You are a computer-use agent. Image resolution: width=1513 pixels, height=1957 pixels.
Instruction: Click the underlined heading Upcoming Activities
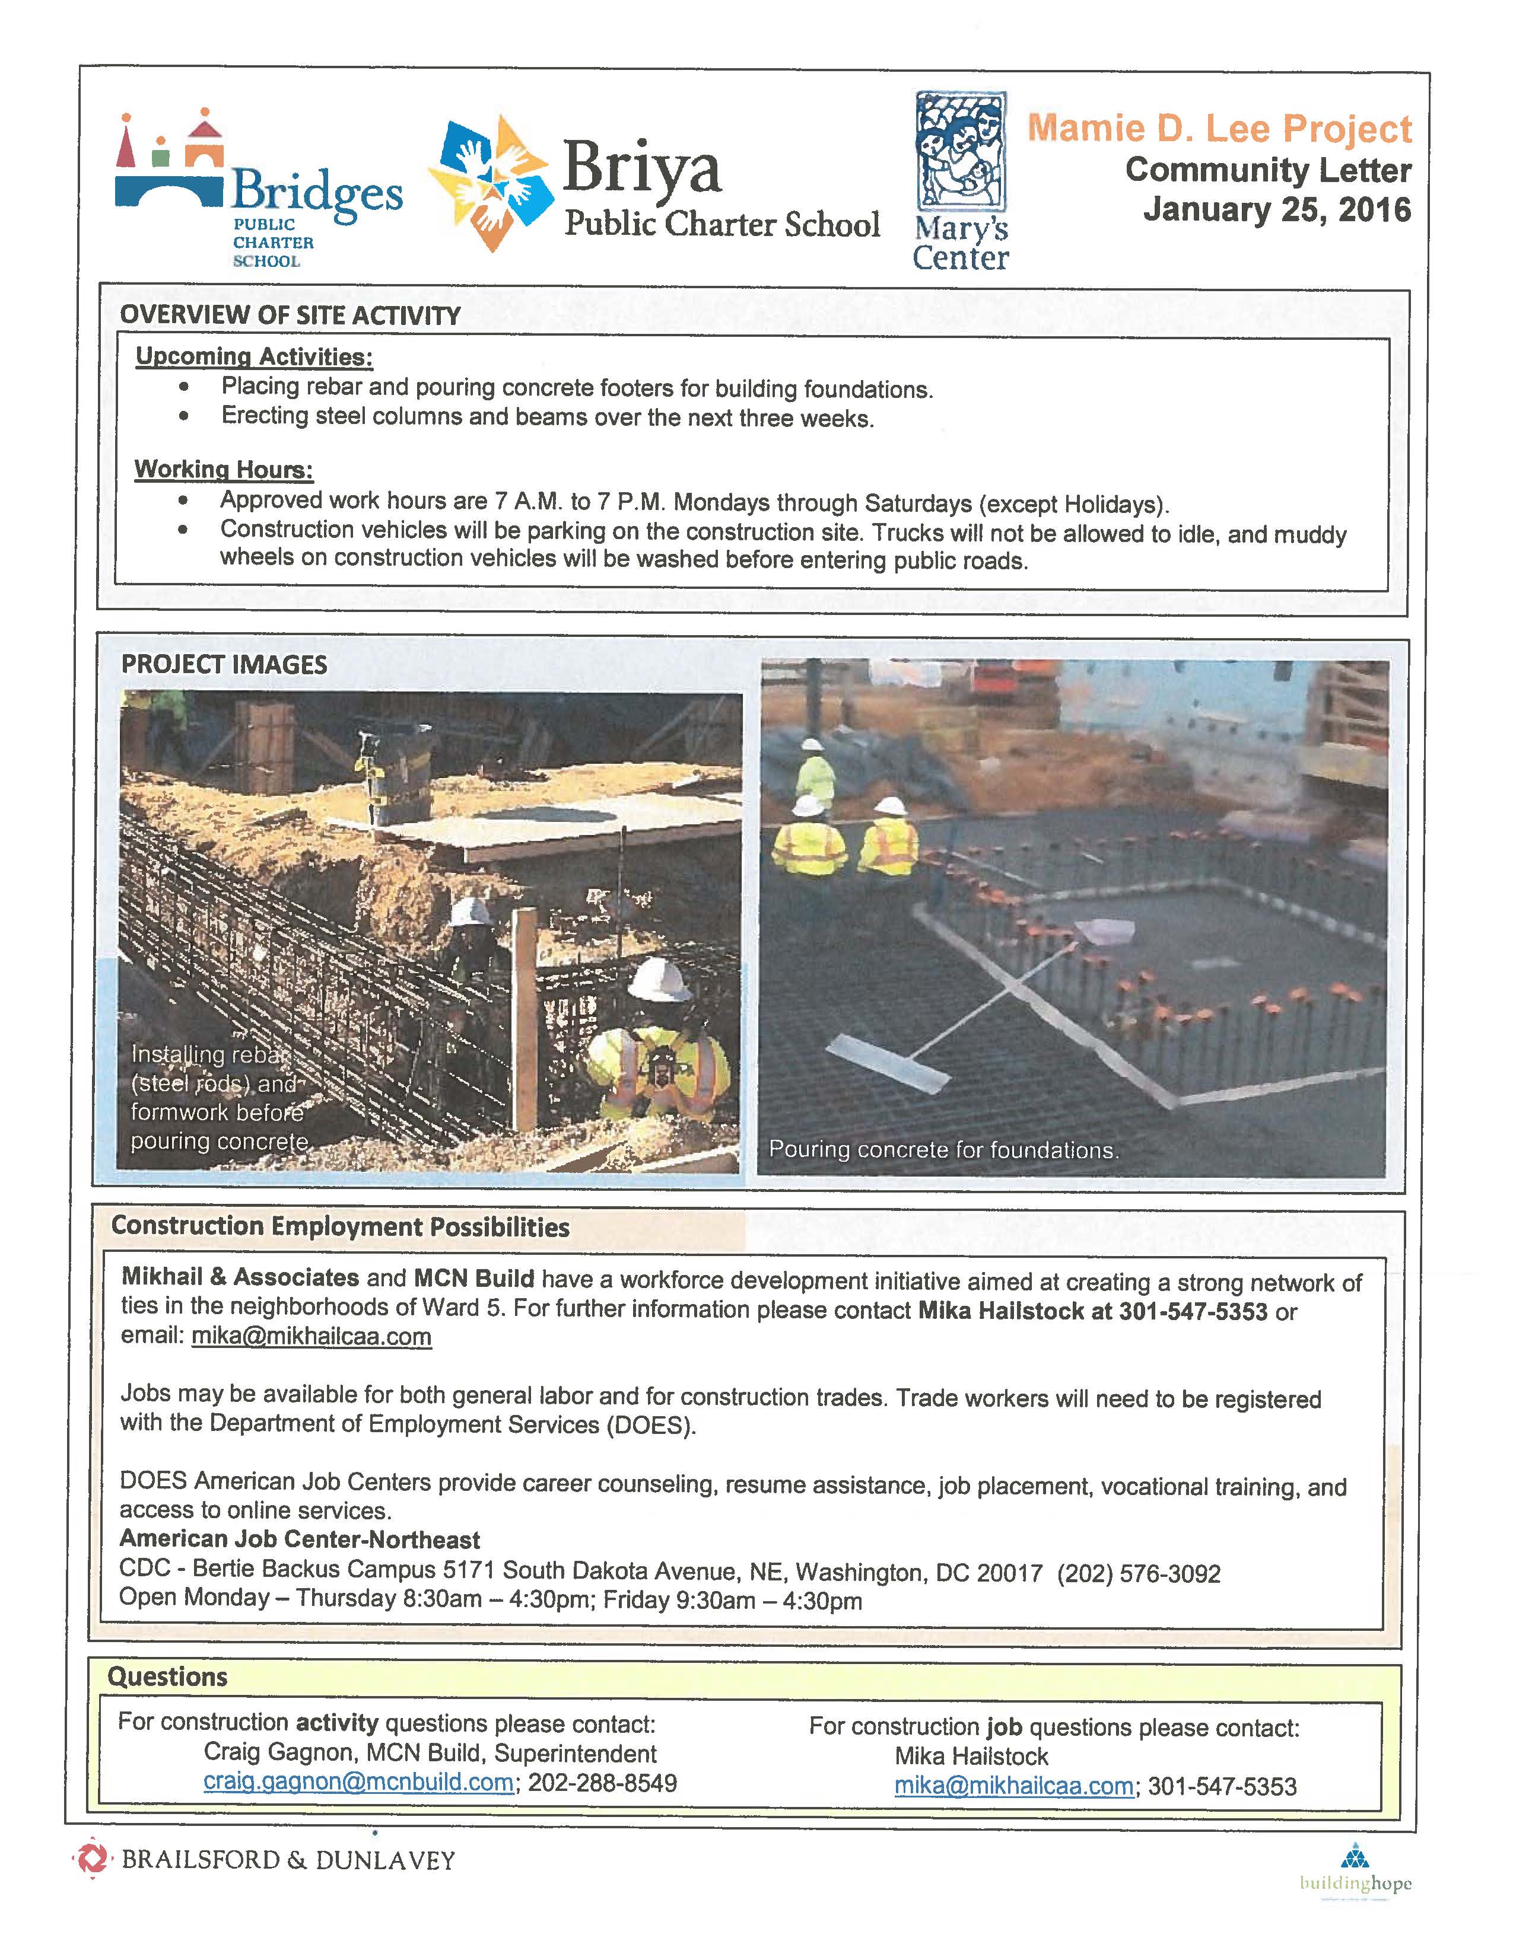[x=254, y=356]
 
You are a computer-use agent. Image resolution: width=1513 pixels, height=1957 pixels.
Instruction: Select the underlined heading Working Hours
[x=223, y=470]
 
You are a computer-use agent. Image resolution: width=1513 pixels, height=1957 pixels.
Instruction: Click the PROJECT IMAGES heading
[x=224, y=665]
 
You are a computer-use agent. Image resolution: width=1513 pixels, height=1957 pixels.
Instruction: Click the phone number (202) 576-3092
[x=1139, y=1573]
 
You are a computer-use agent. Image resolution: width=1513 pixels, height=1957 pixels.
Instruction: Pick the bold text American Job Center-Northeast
[x=300, y=1540]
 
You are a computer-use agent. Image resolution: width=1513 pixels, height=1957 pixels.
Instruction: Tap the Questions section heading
[x=167, y=1676]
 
